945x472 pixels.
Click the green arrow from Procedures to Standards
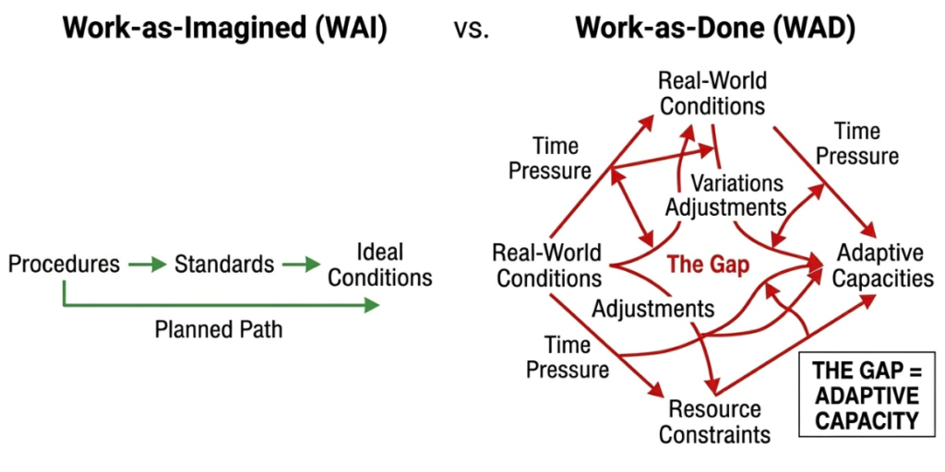tap(147, 265)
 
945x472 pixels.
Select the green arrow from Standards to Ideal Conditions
tap(301, 265)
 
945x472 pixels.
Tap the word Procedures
tap(64, 265)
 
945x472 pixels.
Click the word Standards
tap(224, 265)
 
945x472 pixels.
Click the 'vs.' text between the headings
tap(472, 29)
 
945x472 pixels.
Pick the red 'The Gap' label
tap(708, 264)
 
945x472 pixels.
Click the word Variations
tap(736, 183)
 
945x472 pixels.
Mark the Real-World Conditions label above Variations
tap(712, 93)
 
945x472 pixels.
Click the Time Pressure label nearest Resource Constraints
tap(568, 358)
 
